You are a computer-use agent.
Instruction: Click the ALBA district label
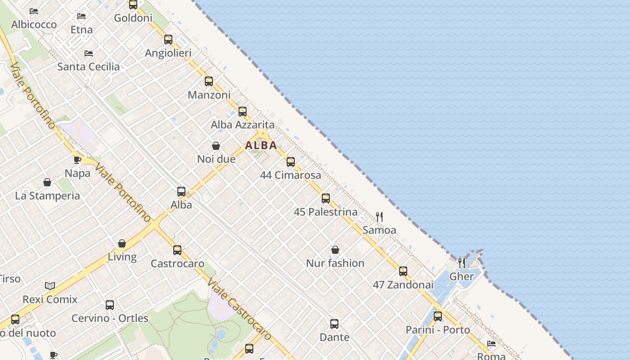[261, 145]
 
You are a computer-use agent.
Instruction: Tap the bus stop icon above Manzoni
[209, 81]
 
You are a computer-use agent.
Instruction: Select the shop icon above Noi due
[216, 146]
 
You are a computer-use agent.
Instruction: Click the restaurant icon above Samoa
[379, 217]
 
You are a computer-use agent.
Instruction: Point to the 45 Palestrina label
[325, 211]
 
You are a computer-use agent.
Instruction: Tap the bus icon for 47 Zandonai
[403, 271]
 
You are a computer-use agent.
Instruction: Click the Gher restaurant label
[462, 276]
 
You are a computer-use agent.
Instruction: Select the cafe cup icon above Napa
[77, 160]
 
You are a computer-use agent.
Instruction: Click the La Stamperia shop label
[47, 196]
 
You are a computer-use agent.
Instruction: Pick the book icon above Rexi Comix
[50, 286]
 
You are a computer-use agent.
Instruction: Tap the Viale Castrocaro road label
[240, 309]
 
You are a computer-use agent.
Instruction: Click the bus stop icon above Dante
[334, 324]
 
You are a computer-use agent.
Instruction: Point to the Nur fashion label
[335, 263]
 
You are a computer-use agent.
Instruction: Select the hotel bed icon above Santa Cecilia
[89, 54]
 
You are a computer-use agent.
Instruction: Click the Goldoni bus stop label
[133, 18]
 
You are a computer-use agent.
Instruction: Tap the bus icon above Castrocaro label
[177, 250]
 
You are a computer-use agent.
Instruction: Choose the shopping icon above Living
[122, 243]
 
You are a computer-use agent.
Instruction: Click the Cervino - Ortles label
[110, 318]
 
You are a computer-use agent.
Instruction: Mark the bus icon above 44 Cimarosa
[291, 162]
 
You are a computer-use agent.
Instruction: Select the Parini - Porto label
[438, 330]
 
